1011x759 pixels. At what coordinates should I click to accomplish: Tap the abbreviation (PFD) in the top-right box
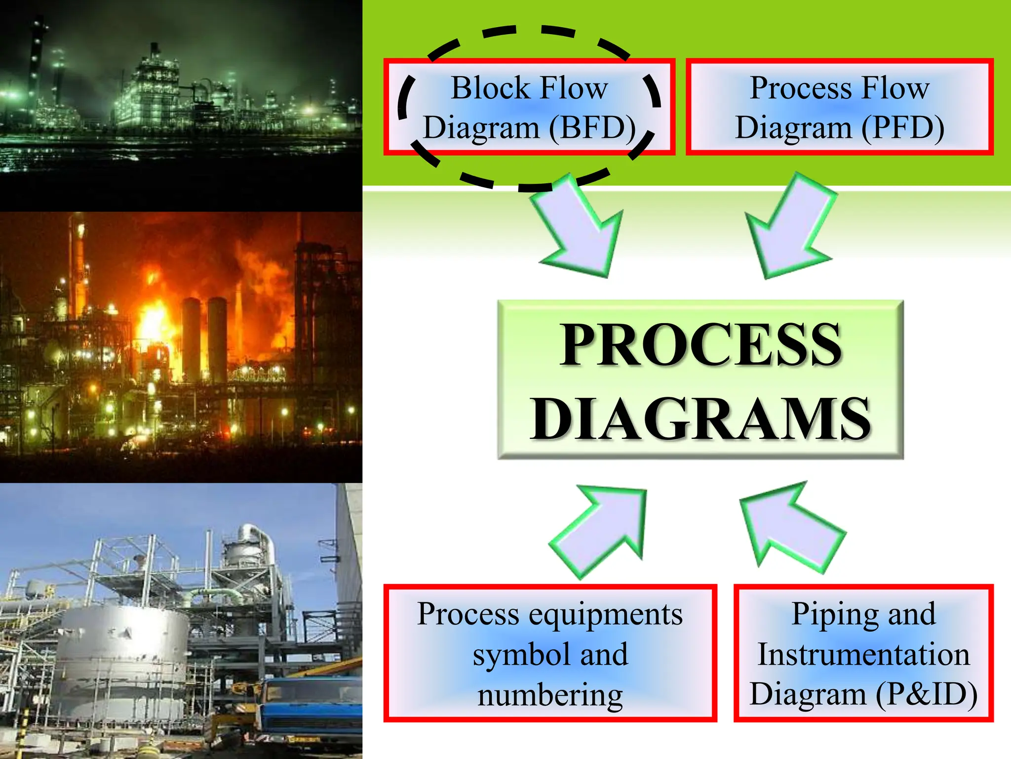pos(903,128)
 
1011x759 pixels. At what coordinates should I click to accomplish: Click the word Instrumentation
pos(863,654)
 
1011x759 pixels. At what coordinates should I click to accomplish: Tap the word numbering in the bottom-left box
pos(550,695)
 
